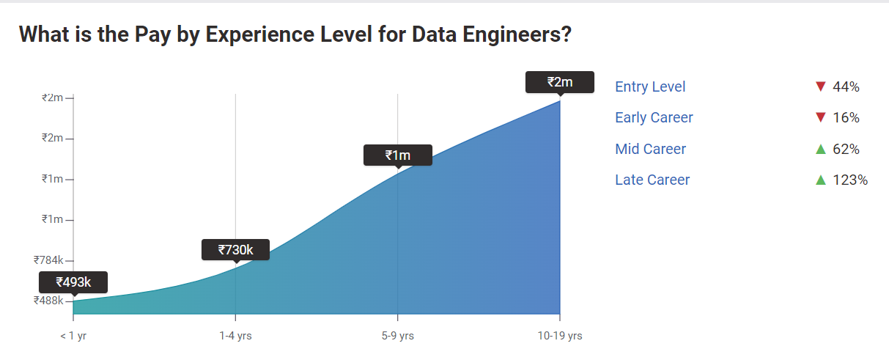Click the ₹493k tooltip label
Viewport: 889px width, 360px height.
[x=73, y=282]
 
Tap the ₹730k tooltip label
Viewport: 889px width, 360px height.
[x=235, y=250]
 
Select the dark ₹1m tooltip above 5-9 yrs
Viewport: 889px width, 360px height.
[x=397, y=155]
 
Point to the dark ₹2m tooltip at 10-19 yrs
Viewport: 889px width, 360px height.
[x=560, y=82]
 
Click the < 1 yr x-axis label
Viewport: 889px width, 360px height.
[x=73, y=336]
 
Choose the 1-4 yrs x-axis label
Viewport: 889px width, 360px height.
[x=235, y=336]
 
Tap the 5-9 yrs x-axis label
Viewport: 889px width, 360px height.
[x=397, y=336]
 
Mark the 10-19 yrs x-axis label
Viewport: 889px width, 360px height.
[x=560, y=336]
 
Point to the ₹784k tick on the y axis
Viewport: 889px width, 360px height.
[x=49, y=260]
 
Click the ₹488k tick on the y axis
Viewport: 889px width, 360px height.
[x=49, y=300]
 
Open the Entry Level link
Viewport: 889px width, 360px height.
[x=650, y=87]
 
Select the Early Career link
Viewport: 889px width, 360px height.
[x=654, y=117]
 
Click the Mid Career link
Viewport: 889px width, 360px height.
[x=650, y=149]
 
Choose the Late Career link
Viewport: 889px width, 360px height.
[x=652, y=180]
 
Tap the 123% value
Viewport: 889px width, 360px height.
[x=850, y=180]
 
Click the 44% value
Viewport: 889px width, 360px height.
[x=846, y=87]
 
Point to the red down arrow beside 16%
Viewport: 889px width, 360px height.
[x=820, y=117]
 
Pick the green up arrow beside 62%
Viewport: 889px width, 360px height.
[x=820, y=149]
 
